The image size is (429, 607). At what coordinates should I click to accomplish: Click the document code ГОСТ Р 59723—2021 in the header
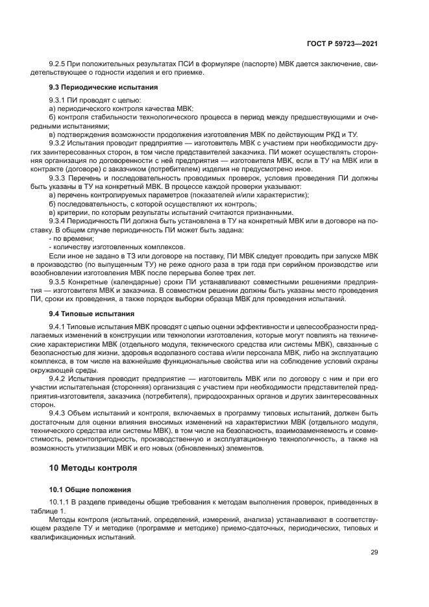[343, 43]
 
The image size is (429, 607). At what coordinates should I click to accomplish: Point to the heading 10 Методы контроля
[93, 467]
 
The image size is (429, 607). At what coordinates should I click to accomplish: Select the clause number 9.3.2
[60, 142]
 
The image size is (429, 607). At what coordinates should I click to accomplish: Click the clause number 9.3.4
[60, 220]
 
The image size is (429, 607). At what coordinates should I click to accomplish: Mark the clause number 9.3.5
[60, 282]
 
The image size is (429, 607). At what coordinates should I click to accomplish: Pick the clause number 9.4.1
[60, 325]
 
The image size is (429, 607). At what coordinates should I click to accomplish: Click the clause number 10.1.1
[62, 502]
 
